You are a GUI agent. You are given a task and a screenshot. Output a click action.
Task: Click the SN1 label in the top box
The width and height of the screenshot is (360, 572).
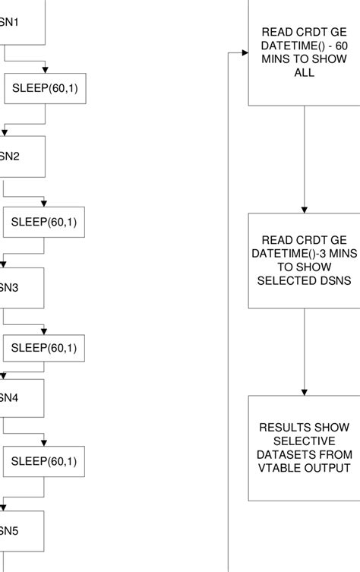coord(10,21)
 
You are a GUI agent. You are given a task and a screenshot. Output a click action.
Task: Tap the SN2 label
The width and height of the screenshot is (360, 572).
coord(10,156)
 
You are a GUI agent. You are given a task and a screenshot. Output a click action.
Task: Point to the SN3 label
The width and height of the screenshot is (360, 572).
coord(10,288)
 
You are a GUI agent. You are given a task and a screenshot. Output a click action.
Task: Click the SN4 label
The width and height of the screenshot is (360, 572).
coord(10,397)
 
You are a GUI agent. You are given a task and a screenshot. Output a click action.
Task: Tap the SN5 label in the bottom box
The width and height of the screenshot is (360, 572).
coord(10,530)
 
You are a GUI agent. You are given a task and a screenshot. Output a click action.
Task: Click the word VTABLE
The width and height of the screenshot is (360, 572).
coord(278,468)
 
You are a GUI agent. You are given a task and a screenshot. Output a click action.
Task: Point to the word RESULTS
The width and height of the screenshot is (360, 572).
coord(278,427)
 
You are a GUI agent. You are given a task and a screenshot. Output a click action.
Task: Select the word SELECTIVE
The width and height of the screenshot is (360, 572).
coord(305,441)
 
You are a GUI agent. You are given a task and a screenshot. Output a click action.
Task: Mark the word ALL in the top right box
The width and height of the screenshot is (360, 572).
coord(305,74)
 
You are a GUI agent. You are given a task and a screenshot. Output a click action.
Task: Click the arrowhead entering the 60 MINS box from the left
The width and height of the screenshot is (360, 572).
coord(244,53)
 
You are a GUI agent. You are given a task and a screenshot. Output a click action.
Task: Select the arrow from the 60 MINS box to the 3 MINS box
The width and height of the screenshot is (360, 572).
coord(305,160)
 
